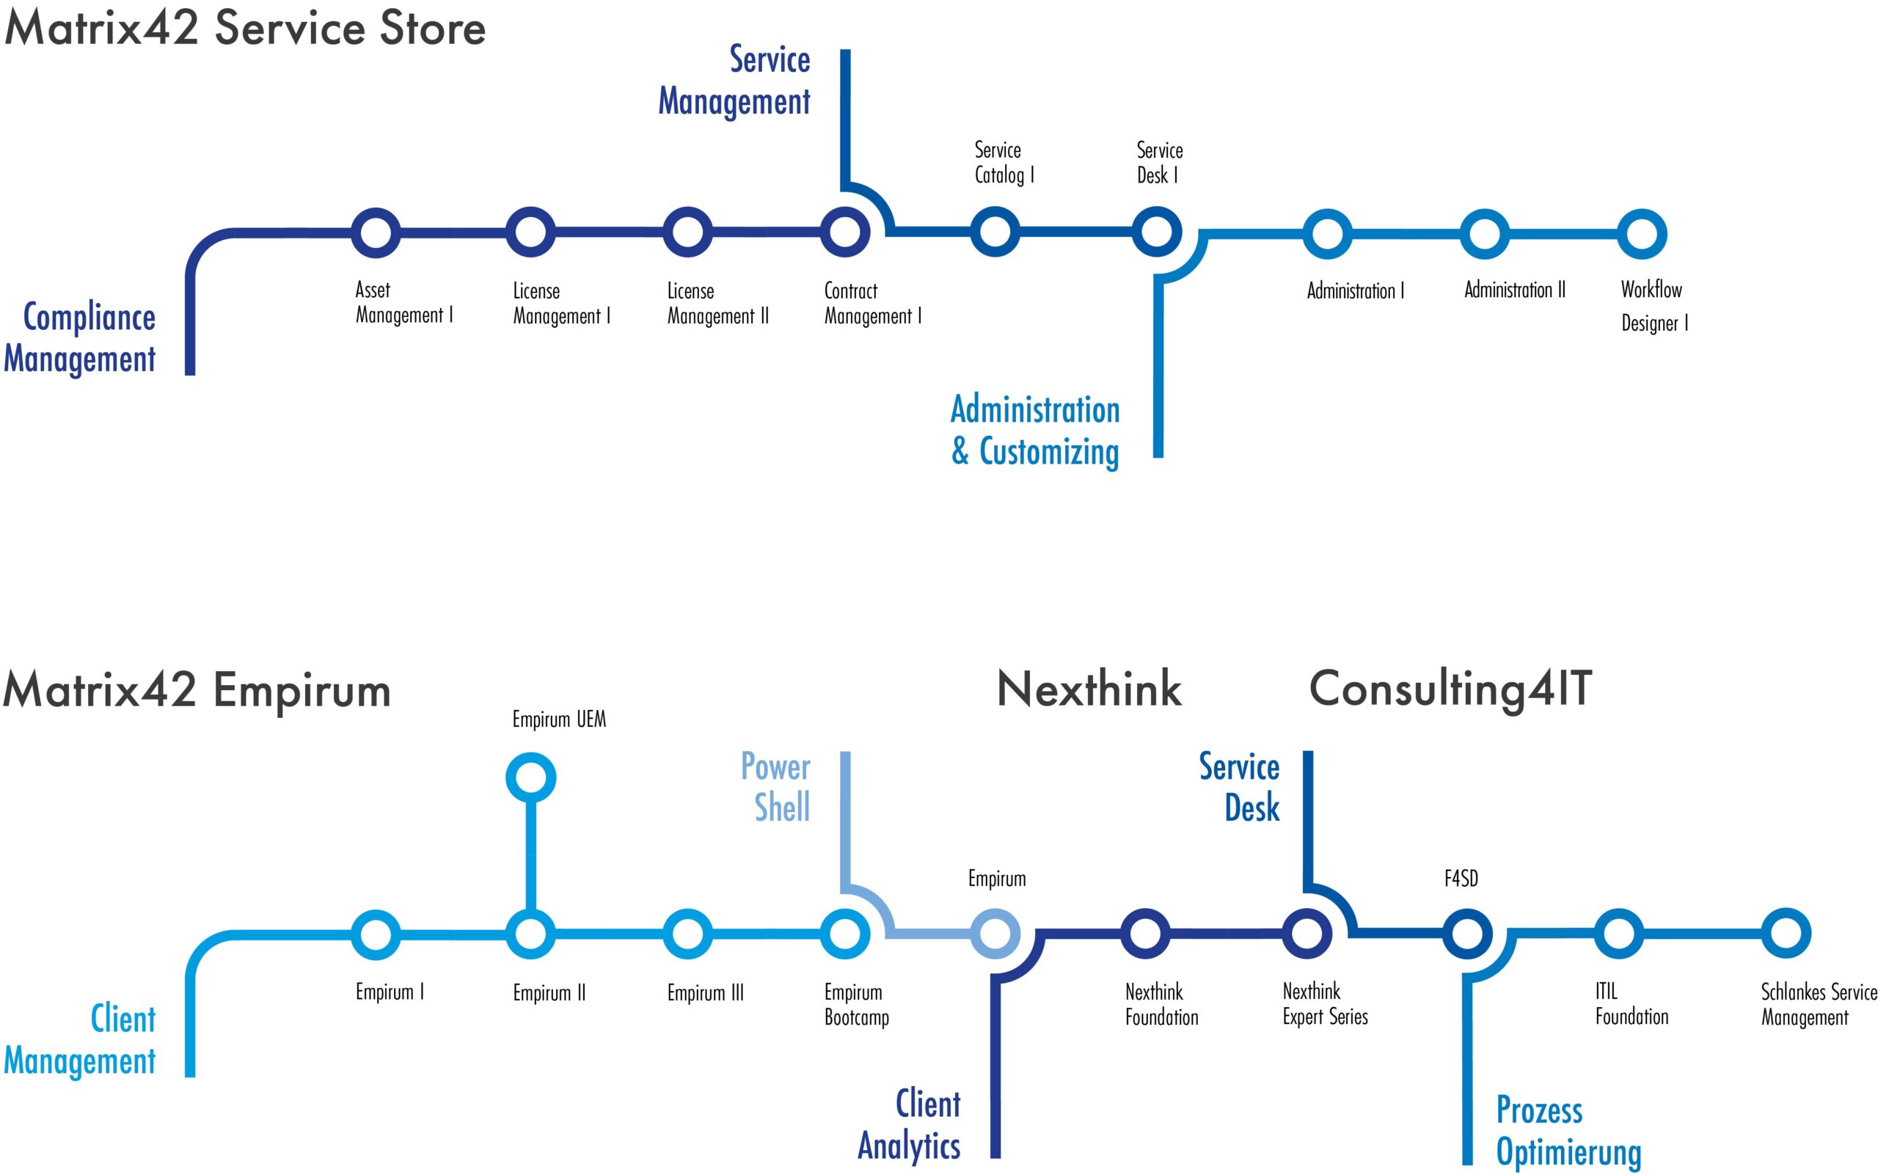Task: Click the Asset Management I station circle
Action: pyautogui.click(x=376, y=233)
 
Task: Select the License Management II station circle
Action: pyautogui.click(x=687, y=233)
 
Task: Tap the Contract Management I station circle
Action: pyautogui.click(x=845, y=233)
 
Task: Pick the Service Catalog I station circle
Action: pyautogui.click(x=995, y=232)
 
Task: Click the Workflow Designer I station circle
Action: pyautogui.click(x=1642, y=234)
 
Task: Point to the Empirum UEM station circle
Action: pyautogui.click(x=531, y=777)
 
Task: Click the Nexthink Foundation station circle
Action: pyautogui.click(x=1145, y=933)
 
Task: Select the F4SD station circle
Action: pyautogui.click(x=1466, y=933)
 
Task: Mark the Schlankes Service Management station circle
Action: pyautogui.click(x=1786, y=932)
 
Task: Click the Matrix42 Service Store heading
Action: pyautogui.click(x=245, y=29)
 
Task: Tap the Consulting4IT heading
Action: pyautogui.click(x=1450, y=689)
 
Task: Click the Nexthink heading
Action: pyautogui.click(x=1089, y=689)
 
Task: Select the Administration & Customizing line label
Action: pyautogui.click(x=1035, y=431)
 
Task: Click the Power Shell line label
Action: pyautogui.click(x=775, y=786)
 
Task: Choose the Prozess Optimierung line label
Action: pyautogui.click(x=1568, y=1131)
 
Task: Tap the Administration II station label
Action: pyautogui.click(x=1514, y=290)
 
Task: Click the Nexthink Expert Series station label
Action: pyautogui.click(x=1325, y=1004)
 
